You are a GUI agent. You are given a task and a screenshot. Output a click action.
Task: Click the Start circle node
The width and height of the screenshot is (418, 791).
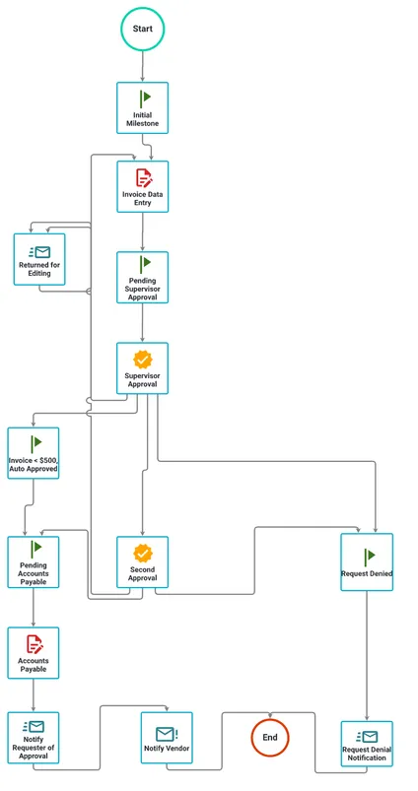[142, 30]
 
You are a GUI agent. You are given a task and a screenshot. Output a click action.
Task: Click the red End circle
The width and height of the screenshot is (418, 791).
[268, 736]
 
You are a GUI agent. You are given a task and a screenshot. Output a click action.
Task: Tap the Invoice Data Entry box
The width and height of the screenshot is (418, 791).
[143, 186]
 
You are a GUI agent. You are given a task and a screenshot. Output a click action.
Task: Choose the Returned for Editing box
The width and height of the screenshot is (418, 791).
[39, 259]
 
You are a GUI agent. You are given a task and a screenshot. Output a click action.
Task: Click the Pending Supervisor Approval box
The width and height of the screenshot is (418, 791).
[143, 277]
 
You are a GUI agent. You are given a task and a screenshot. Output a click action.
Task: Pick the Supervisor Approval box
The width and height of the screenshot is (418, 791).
[143, 368]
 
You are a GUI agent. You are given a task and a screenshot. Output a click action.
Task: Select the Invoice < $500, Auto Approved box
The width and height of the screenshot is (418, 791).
[34, 453]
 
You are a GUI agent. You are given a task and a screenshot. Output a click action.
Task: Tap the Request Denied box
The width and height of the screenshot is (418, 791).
[367, 561]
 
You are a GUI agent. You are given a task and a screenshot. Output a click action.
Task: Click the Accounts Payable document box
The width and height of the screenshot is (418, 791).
[34, 652]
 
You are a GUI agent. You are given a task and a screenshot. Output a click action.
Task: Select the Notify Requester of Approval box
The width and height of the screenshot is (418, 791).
[34, 738]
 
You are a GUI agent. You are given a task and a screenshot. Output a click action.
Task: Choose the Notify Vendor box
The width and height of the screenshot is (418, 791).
[167, 738]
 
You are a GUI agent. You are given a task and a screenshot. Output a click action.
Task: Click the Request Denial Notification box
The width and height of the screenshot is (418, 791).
[367, 746]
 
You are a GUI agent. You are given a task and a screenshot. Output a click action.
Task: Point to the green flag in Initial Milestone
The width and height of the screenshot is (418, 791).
[144, 98]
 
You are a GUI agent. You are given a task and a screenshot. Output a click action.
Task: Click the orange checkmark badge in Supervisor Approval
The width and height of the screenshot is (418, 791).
[143, 359]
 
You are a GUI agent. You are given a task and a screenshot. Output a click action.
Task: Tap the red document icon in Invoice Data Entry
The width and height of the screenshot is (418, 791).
[144, 177]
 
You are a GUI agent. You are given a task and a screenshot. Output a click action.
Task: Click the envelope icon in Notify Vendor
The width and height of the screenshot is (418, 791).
[166, 733]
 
